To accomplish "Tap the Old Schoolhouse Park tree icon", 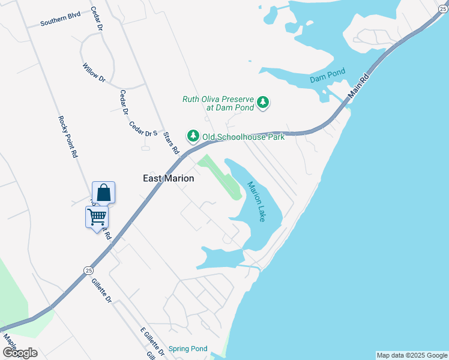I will pyautogui.click(x=193, y=137).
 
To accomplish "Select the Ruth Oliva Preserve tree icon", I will pyautogui.click(x=263, y=103).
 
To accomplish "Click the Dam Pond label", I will pyautogui.click(x=328, y=79).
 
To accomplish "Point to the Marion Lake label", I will pyautogui.click(x=256, y=202).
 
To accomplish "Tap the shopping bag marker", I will pyautogui.click(x=103, y=193).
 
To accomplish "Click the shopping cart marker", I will pyautogui.click(x=97, y=217).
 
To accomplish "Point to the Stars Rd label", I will pyautogui.click(x=171, y=143).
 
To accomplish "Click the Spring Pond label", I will pyautogui.click(x=188, y=349).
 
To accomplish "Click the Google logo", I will pyautogui.click(x=20, y=353).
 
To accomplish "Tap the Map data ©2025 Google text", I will pyautogui.click(x=412, y=355).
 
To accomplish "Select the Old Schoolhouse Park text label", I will pyautogui.click(x=243, y=137).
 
